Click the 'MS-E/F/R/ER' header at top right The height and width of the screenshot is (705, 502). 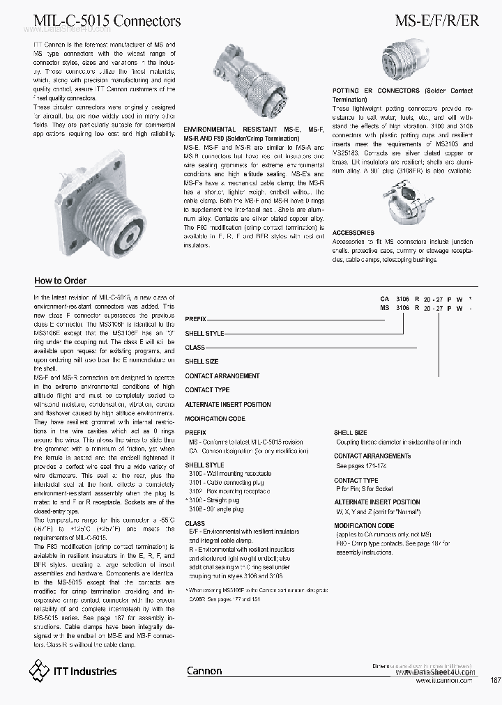[436, 20]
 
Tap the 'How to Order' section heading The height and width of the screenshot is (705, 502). [60, 281]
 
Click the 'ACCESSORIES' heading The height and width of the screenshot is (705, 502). [353, 233]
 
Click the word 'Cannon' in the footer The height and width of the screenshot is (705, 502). [204, 671]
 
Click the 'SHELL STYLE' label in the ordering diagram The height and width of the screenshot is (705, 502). [204, 333]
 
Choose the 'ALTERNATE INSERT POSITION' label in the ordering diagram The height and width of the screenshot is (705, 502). [228, 405]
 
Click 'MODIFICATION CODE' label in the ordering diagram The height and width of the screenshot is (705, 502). [215, 419]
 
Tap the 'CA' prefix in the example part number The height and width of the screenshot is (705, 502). [384, 297]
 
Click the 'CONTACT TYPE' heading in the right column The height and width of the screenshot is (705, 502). [356, 481]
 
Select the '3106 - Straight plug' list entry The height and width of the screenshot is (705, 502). [216, 500]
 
